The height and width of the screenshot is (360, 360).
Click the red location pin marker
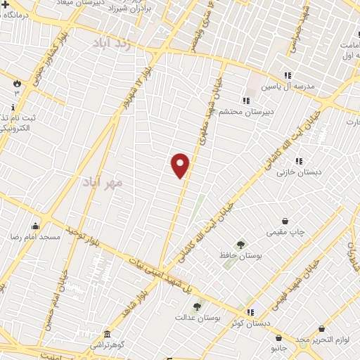tap(181, 165)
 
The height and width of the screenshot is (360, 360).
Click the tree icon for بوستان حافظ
tap(241, 245)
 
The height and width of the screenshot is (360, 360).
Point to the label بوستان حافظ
tap(240, 257)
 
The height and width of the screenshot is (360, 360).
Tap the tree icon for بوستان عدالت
tap(197, 307)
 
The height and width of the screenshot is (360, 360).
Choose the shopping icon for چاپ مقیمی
tap(285, 221)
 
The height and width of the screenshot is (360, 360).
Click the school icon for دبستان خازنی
tap(300, 160)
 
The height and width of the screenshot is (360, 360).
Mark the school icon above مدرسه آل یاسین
tap(287, 75)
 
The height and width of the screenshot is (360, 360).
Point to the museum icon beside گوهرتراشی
tap(106, 334)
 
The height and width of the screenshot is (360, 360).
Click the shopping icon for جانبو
tap(279, 337)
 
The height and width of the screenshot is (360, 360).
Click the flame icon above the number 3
tap(16, 83)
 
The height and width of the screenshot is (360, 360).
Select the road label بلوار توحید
tap(83, 238)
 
